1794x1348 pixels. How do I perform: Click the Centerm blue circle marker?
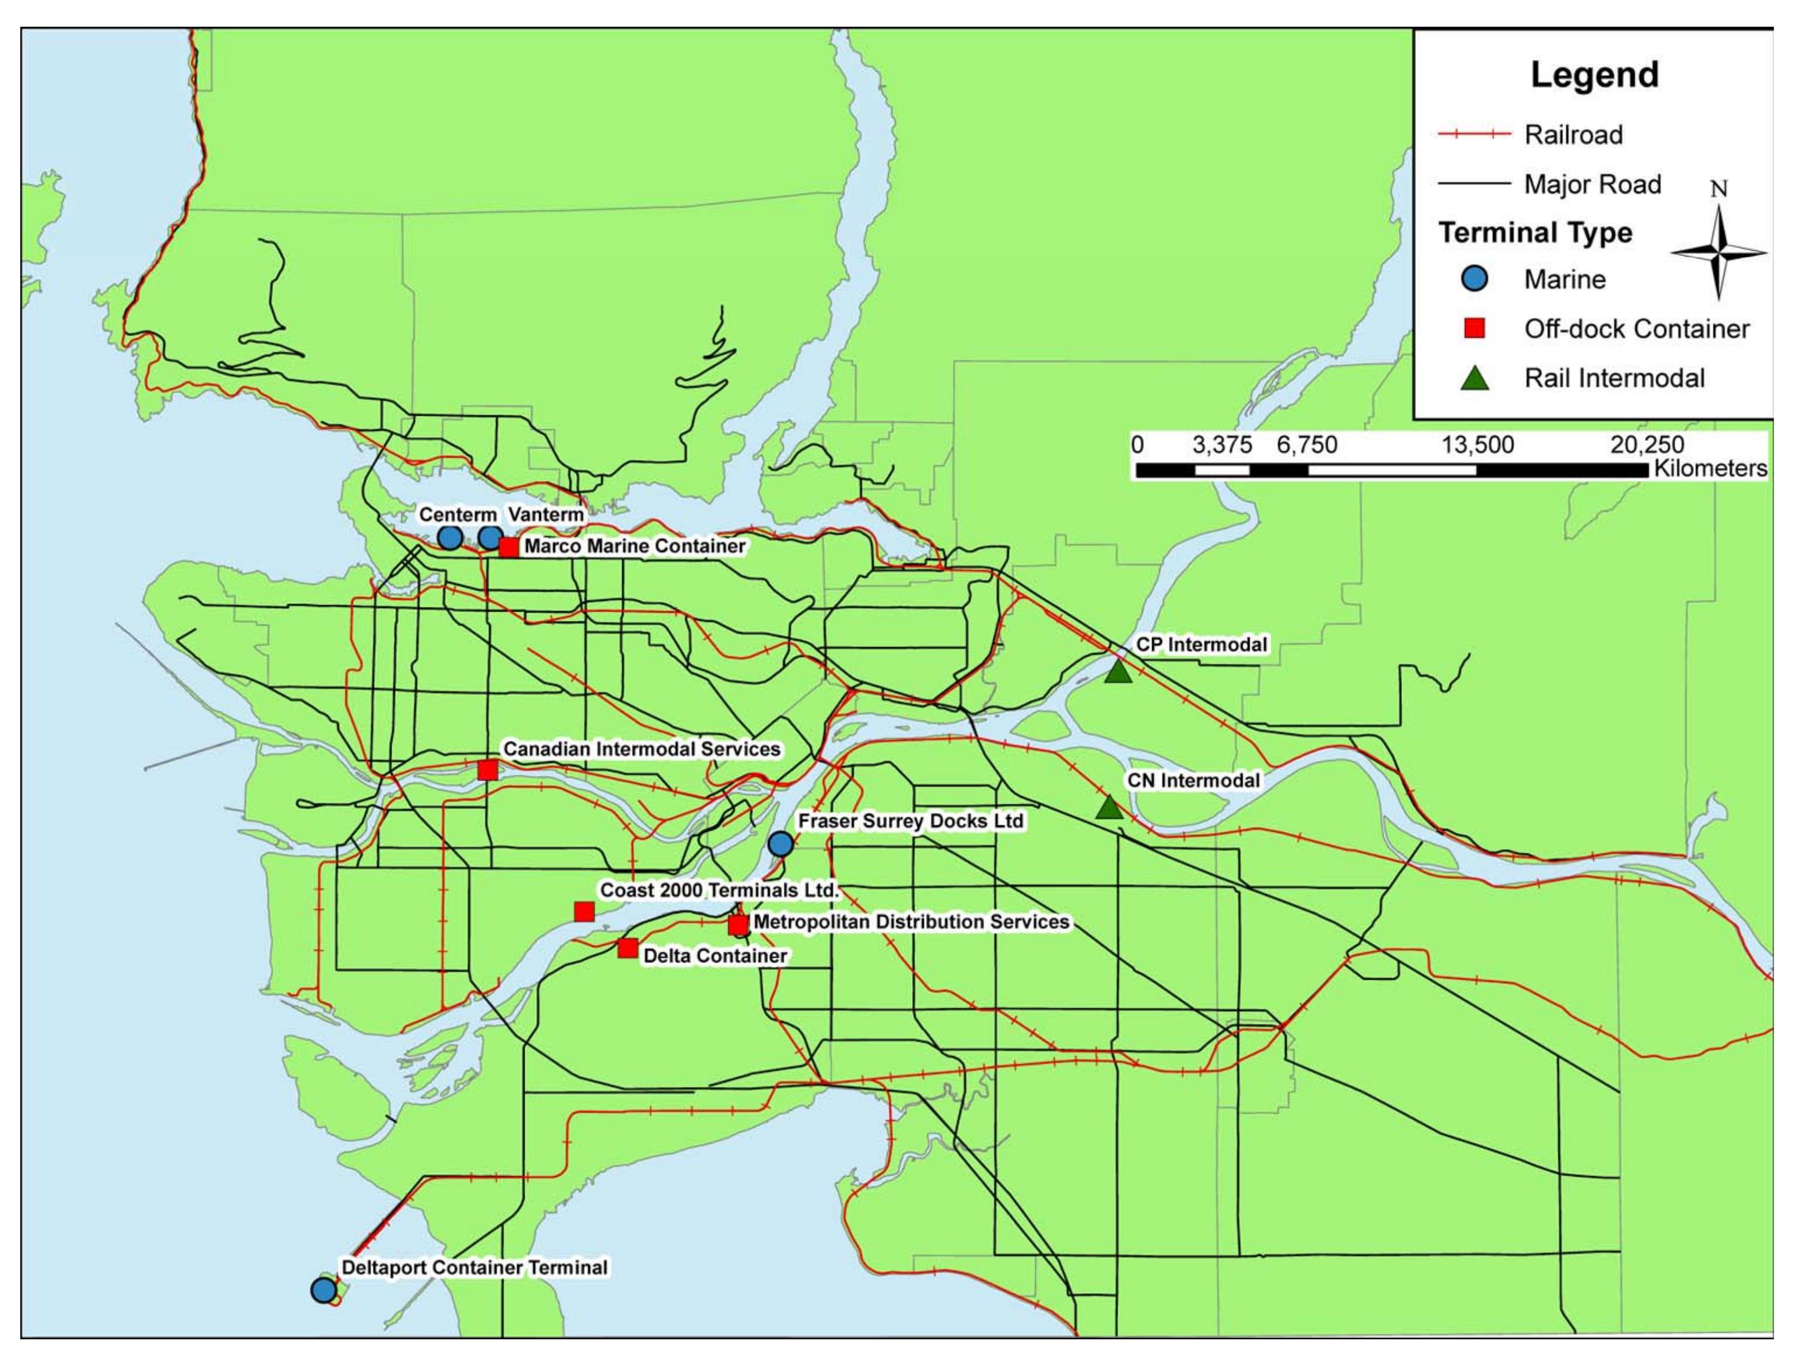click(450, 537)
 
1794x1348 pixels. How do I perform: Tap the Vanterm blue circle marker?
click(490, 537)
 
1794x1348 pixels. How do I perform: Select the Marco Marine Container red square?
click(508, 547)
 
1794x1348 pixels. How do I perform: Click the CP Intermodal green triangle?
click(1118, 672)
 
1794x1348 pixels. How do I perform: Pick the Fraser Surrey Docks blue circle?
click(780, 844)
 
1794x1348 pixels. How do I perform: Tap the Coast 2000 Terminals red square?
click(584, 912)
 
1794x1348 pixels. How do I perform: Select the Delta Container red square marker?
click(627, 948)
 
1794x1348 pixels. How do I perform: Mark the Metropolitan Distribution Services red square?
click(738, 925)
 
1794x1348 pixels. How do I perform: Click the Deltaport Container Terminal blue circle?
click(324, 1291)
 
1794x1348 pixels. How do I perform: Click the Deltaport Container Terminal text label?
click(475, 1267)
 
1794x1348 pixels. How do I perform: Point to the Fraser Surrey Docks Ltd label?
click(910, 821)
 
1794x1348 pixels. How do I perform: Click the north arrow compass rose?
click(1718, 252)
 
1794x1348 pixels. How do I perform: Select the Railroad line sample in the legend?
click(1474, 135)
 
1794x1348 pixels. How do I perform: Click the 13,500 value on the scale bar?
click(1477, 445)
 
